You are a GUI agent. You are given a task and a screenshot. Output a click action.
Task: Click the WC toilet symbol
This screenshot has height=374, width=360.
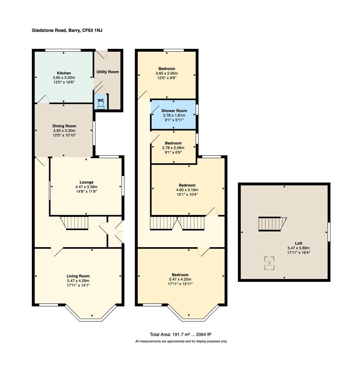tap(101, 105)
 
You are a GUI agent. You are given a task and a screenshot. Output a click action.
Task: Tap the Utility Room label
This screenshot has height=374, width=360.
tap(108, 72)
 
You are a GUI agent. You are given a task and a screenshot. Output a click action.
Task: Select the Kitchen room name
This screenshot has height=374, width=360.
tap(64, 73)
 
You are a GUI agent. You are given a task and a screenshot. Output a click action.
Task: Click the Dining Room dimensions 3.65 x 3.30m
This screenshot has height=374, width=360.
tap(64, 131)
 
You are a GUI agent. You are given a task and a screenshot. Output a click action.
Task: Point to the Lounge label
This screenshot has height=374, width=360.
tap(87, 182)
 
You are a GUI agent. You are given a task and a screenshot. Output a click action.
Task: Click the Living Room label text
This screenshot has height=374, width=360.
tap(78, 276)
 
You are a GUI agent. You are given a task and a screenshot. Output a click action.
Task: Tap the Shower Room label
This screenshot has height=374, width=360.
tap(174, 111)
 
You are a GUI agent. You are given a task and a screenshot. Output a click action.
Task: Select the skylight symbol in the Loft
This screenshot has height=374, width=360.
tap(269, 263)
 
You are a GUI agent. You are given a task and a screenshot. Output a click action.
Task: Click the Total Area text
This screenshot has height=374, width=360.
tap(180, 335)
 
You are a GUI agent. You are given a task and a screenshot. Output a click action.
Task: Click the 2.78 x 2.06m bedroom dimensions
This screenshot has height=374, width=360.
tap(173, 148)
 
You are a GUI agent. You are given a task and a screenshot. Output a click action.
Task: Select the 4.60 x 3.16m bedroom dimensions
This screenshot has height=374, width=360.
tap(187, 190)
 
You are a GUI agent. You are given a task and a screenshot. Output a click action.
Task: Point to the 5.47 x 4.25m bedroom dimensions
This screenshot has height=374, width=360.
tap(180, 279)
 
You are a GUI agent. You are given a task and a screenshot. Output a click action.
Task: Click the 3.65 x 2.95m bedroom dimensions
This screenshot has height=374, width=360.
tap(166, 73)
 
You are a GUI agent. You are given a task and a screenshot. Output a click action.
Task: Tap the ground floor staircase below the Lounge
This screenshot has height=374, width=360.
tap(74, 223)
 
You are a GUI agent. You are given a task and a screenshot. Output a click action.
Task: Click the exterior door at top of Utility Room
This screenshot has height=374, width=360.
tap(102, 54)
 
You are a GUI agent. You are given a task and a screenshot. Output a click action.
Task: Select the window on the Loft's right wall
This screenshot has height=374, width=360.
tap(329, 232)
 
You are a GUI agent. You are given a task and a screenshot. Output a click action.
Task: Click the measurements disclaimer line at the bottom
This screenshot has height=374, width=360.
tap(181, 341)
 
